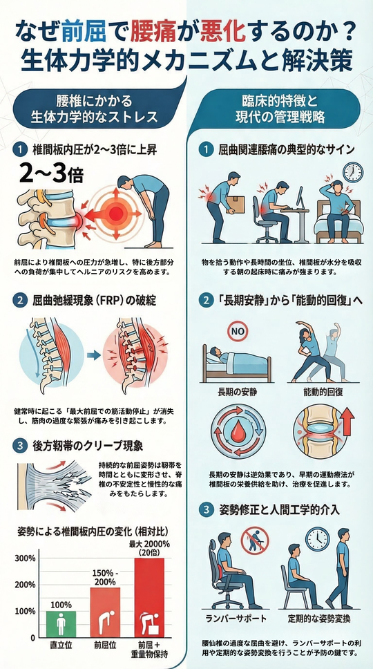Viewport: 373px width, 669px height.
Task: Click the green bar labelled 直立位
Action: pos(61,625)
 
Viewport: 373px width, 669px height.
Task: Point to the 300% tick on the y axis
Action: pos(26,558)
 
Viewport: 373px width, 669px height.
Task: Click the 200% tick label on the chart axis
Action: pos(26,585)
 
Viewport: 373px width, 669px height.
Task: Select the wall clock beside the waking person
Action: pos(353,171)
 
